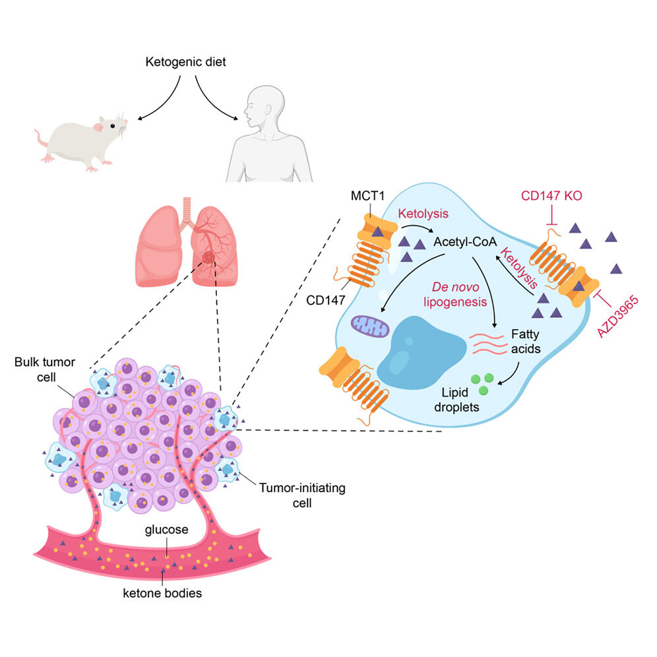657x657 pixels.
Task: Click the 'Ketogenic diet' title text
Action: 186,64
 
